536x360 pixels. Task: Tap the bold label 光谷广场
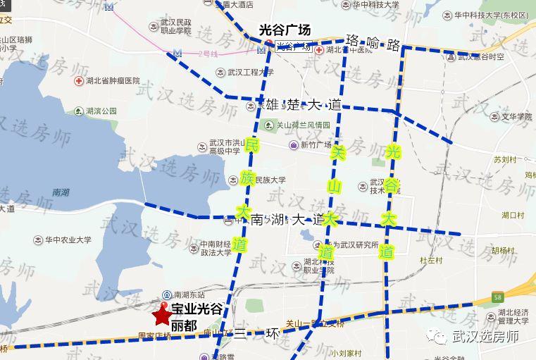[285, 30]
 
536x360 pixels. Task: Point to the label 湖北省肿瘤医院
[112, 81]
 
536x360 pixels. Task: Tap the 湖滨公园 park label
[101, 111]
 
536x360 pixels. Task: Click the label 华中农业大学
[68, 240]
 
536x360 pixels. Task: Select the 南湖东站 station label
[189, 294]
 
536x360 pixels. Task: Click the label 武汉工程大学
[249, 72]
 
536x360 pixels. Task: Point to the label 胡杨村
[504, 250]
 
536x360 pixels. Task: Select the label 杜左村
[430, 260]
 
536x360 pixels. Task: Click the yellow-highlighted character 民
[252, 147]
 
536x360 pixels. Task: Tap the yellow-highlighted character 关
[338, 152]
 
